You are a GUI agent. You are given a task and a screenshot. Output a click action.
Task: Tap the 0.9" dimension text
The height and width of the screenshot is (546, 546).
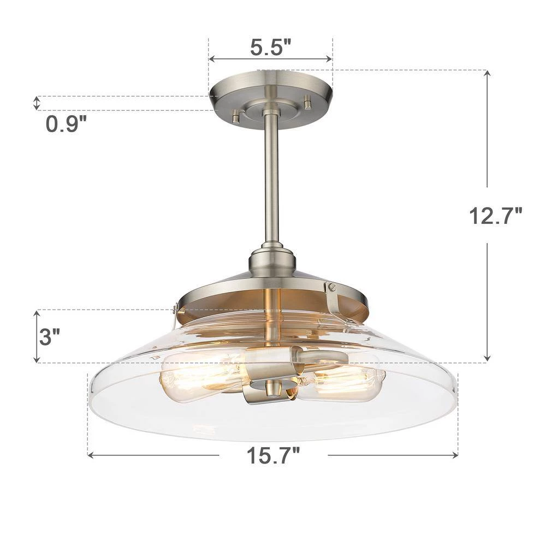[66, 124]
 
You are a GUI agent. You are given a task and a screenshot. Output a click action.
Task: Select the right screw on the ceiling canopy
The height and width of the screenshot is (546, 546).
[307, 102]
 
